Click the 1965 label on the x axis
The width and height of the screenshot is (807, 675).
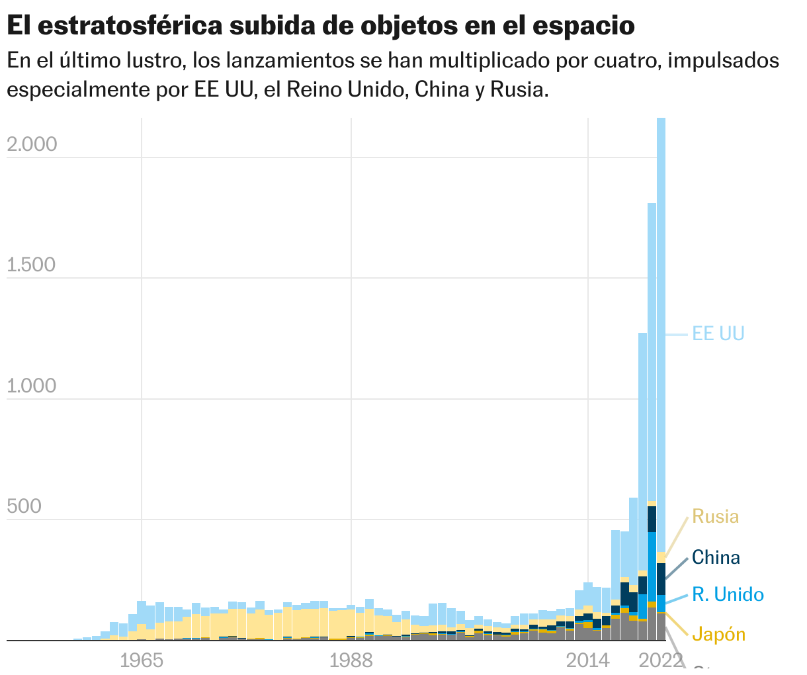coord(142,660)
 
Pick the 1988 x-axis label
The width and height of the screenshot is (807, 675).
coord(351,660)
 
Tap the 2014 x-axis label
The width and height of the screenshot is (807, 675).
coord(588,660)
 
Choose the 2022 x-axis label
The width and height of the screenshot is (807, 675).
coord(661,660)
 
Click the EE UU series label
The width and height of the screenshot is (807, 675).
coord(718,334)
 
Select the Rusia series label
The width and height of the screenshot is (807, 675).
coord(715,517)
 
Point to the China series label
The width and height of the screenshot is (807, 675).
coord(716,557)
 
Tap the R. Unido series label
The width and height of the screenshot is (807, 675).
coord(728,594)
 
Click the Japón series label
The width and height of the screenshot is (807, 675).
coord(718,635)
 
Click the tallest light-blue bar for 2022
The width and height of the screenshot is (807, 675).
coord(661,331)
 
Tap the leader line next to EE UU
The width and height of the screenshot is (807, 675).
coord(677,335)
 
